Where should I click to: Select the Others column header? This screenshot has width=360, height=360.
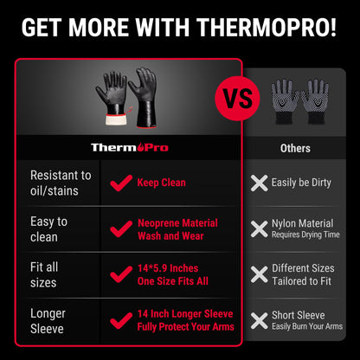tap(295, 149)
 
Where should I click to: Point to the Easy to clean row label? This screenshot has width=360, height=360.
tap(49, 228)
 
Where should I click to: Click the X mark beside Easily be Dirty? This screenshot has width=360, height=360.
tap(258, 183)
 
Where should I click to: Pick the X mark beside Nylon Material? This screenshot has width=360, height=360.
tap(258, 228)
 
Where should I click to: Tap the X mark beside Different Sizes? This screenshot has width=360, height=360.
tap(258, 274)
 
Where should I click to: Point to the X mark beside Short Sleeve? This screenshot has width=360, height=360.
tap(258, 320)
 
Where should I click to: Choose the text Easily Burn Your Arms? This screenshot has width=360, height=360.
tap(307, 326)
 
